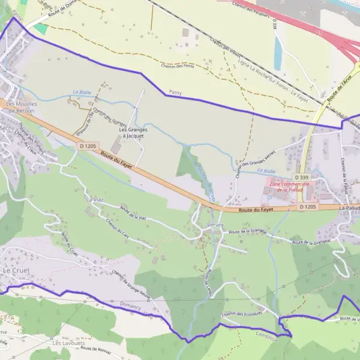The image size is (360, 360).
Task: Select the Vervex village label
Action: click(x=214, y=224)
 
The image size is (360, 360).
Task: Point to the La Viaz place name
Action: click(x=94, y=199)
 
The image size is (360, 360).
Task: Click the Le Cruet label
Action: click(x=16, y=271)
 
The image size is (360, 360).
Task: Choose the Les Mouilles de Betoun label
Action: click(x=20, y=107)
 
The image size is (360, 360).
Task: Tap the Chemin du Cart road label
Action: click(x=118, y=229)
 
